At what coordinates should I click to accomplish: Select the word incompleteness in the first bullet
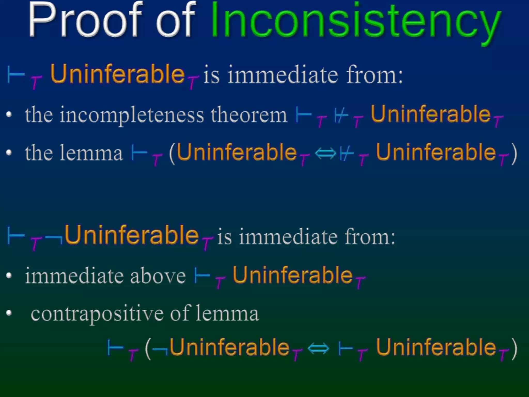[132, 115]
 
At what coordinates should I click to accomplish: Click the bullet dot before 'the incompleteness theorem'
[9, 114]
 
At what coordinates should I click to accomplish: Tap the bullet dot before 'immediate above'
[9, 276]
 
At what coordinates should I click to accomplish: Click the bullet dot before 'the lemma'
[9, 152]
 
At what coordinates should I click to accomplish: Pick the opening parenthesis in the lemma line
[172, 154]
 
